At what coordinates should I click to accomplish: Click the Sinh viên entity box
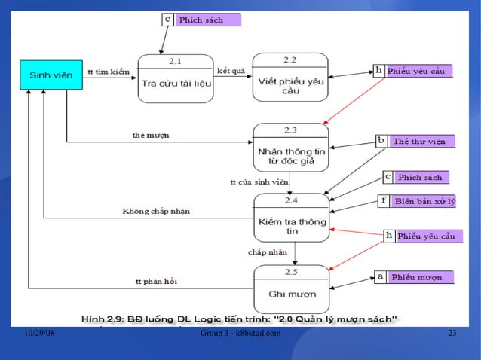(x=51, y=75)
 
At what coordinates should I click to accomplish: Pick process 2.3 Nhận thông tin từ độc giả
(x=290, y=151)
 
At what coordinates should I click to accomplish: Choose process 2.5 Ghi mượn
(x=290, y=288)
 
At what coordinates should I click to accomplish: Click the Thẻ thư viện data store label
(x=420, y=141)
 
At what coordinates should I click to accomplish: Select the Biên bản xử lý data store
(x=424, y=201)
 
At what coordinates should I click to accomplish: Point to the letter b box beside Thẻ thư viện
(x=381, y=141)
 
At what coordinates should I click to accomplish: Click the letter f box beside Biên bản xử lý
(x=384, y=201)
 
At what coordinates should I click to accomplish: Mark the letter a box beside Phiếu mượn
(x=381, y=277)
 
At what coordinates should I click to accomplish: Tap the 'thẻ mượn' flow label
(x=151, y=135)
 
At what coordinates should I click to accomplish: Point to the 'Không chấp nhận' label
(x=156, y=212)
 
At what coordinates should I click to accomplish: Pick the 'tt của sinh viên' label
(x=259, y=182)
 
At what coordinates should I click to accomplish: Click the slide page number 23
(x=452, y=334)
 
